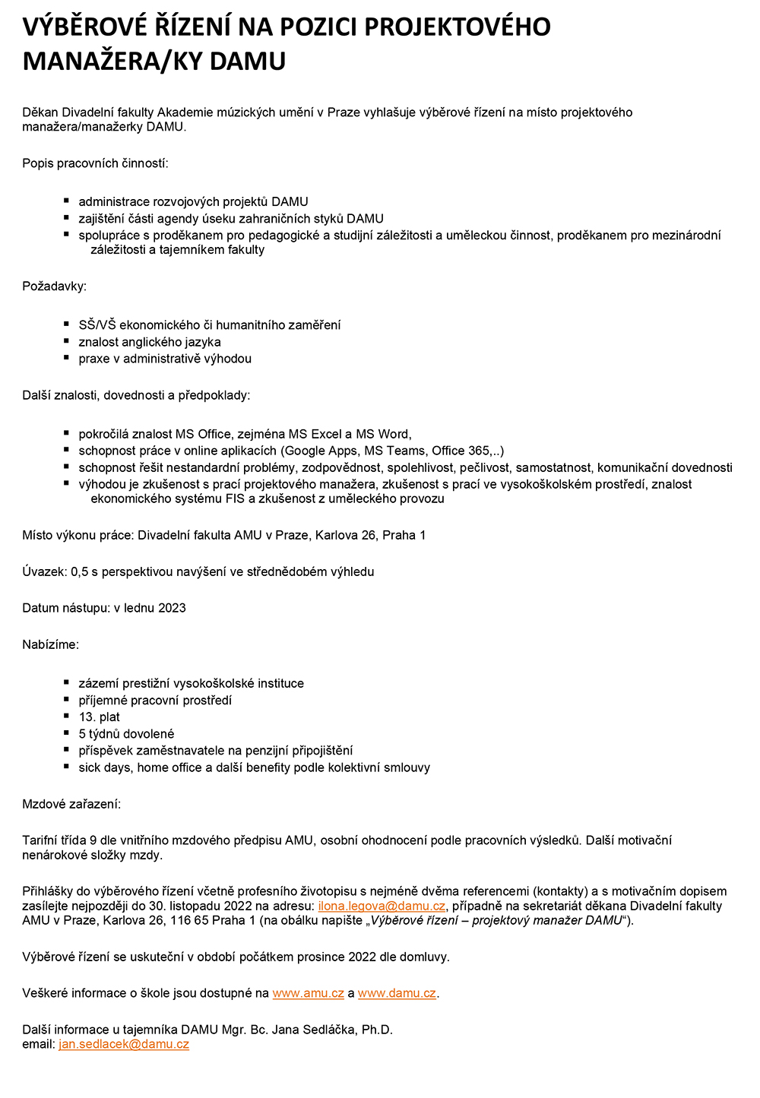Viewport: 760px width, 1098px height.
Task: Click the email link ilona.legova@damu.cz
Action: (382, 906)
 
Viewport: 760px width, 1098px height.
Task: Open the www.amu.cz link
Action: (308, 993)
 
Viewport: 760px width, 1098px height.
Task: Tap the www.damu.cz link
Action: (397, 993)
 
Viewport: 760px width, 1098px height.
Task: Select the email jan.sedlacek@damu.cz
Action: (124, 1044)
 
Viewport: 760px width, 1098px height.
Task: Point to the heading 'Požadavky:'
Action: (54, 286)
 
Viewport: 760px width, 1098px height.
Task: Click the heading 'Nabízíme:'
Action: (50, 644)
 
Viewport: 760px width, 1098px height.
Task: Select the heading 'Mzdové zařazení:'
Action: (71, 804)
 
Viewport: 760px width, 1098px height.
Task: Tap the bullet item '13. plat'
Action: (99, 717)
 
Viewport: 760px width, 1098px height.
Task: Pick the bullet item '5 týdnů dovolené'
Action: (126, 734)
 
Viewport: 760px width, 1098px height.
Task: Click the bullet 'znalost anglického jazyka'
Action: (150, 342)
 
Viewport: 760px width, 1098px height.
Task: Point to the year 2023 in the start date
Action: (172, 608)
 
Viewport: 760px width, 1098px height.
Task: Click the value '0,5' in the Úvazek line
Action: (80, 571)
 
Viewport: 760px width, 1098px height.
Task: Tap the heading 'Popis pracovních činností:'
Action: (95, 163)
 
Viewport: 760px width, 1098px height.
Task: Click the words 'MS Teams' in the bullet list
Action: (394, 451)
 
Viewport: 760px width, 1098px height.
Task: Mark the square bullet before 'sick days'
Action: (67, 767)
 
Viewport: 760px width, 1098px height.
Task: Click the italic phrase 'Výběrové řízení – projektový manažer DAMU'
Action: (496, 920)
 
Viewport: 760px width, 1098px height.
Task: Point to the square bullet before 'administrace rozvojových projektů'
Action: (67, 201)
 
